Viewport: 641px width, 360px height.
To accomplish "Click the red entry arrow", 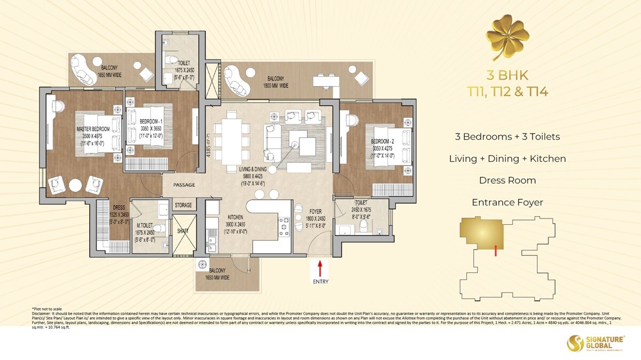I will coord(320,266).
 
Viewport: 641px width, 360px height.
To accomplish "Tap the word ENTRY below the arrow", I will coord(320,281).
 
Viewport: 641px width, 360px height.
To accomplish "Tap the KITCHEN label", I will coord(235,217).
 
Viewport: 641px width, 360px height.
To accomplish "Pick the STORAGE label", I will coord(183,205).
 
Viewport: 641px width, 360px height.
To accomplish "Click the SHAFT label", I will coord(183,231).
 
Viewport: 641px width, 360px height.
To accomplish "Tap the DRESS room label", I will coord(119,208).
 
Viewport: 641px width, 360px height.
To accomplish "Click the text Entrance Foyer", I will coord(507,202).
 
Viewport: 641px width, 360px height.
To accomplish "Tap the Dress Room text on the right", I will coord(507,181).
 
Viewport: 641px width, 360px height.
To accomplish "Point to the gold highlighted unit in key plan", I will coord(483,232).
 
